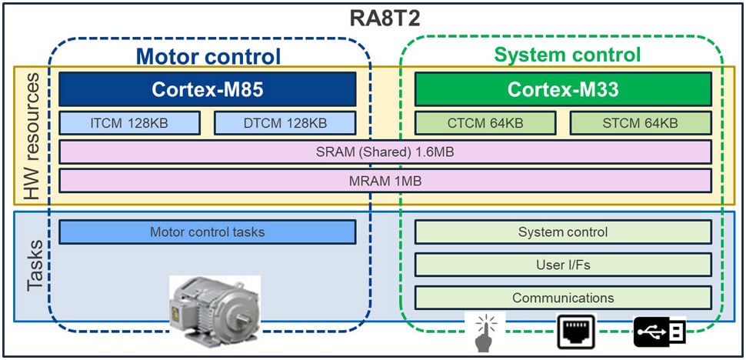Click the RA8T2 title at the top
[x=373, y=18]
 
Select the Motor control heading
[x=208, y=55]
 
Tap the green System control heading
[x=567, y=55]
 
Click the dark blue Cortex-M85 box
[x=208, y=89]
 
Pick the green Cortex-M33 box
[x=564, y=89]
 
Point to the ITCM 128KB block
[x=129, y=123]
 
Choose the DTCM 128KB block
[x=285, y=123]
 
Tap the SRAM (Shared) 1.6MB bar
[x=385, y=152]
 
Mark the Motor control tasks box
[x=208, y=232]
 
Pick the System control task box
[x=564, y=232]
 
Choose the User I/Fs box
[x=564, y=265]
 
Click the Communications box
[x=564, y=298]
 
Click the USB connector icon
[x=659, y=332]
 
